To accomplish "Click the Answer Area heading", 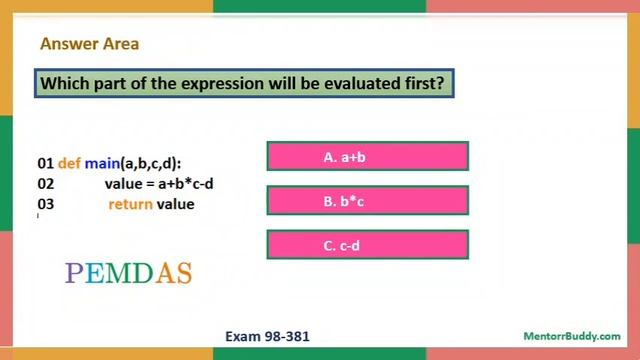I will (x=89, y=44).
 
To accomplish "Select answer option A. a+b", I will (x=367, y=157).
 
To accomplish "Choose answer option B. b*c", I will (x=367, y=201).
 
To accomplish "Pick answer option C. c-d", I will (x=367, y=245).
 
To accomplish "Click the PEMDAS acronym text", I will (x=128, y=273).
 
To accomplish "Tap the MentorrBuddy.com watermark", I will (x=571, y=337).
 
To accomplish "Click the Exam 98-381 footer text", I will (x=268, y=337).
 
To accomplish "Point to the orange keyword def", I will (x=69, y=163).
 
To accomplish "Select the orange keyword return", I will (x=130, y=204).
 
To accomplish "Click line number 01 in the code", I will (x=45, y=163).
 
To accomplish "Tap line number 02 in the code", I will (x=45, y=184).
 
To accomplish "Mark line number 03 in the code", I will (x=45, y=204).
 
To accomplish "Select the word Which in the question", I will (x=65, y=83).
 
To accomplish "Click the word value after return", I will (x=176, y=204).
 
